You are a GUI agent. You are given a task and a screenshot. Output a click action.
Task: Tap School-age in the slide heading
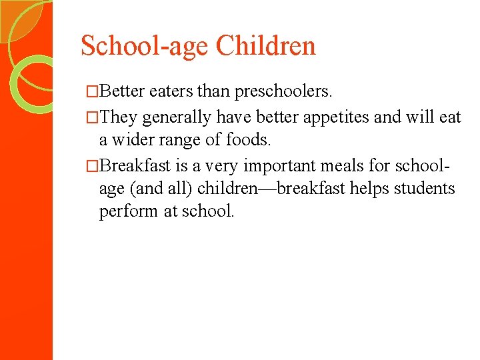(x=145, y=46)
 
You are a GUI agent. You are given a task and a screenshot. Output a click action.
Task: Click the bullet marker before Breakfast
(x=93, y=165)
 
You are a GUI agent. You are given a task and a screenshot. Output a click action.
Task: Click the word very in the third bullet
(x=219, y=165)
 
